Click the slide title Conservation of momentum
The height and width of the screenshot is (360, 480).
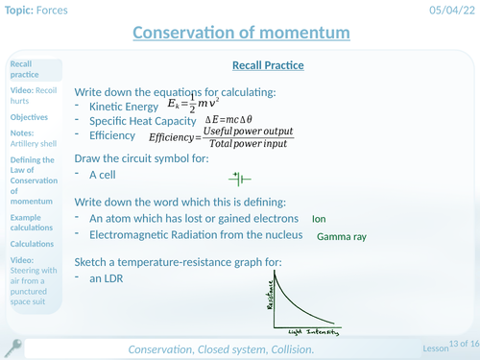[240, 34]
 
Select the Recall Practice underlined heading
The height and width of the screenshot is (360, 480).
[269, 65]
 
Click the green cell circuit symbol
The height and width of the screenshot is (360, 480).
[240, 179]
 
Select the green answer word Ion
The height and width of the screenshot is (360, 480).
[320, 219]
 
